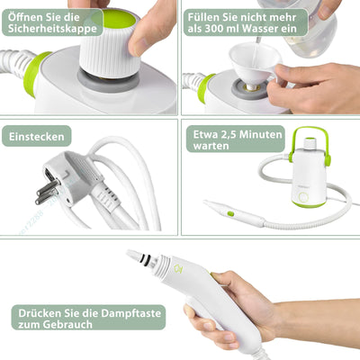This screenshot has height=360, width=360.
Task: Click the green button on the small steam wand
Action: tap(229, 213)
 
